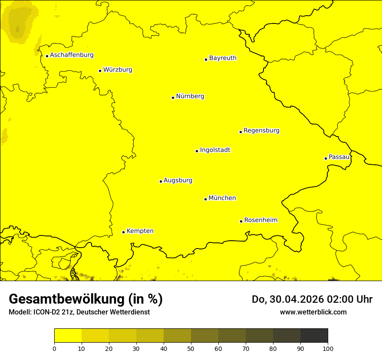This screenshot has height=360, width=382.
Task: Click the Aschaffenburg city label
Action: click(72, 55)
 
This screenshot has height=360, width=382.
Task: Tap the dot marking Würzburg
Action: click(100, 71)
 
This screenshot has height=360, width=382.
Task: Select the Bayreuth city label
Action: click(223, 58)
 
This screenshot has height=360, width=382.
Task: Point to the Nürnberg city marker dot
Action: click(173, 98)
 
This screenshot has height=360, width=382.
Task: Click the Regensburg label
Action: click(261, 130)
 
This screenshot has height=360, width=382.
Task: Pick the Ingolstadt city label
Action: click(215, 150)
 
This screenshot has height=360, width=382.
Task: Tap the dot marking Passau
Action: click(326, 158)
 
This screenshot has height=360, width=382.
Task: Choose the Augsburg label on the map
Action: click(178, 180)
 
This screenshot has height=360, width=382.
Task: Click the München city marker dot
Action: click(205, 199)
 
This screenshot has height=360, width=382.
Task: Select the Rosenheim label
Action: click(260, 220)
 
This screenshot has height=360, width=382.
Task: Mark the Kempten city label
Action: click(140, 231)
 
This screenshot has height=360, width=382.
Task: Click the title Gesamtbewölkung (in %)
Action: click(86, 299)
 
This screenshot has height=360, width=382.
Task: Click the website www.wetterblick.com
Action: click(313, 312)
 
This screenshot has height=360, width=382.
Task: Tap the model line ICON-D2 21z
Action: click(79, 312)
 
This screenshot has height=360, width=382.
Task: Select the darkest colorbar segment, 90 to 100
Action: click(314, 336)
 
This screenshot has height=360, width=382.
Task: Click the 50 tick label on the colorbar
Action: click(191, 348)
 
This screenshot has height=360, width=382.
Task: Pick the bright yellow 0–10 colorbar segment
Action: click(68, 336)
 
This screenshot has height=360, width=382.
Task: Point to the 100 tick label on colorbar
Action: click(328, 348)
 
